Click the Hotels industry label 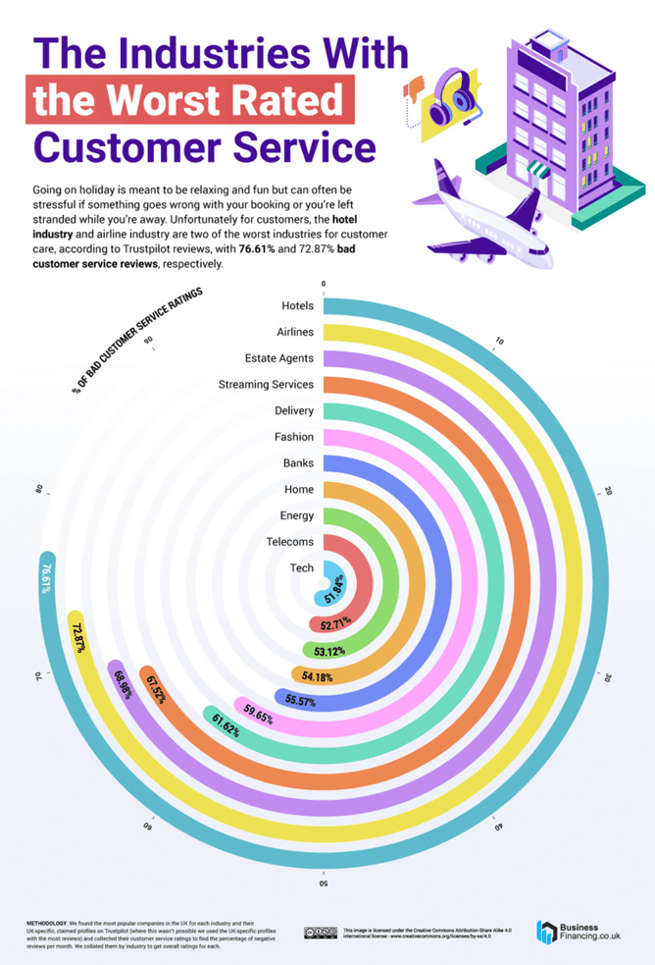tap(297, 306)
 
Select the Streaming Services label tap(266, 384)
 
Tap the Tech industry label tap(301, 567)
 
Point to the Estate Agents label tap(278, 357)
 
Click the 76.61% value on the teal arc tap(45, 577)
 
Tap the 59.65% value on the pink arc tap(258, 712)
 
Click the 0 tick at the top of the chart tap(323, 284)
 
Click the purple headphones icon tap(446, 97)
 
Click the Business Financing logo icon tap(546, 932)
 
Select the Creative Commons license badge tap(320, 932)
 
